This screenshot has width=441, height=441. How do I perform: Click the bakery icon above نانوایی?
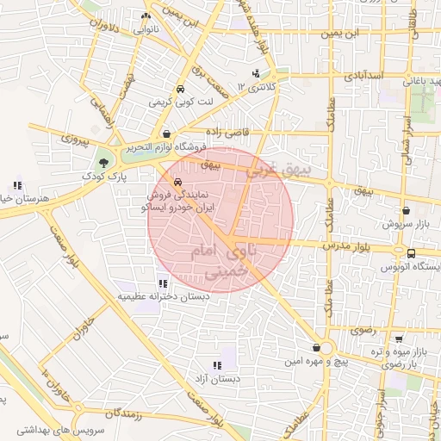[146, 16]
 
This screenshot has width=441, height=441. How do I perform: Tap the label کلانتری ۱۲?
[264, 87]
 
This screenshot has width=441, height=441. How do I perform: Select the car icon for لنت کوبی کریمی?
[179, 90]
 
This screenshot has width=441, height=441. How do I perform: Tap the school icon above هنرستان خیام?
[17, 185]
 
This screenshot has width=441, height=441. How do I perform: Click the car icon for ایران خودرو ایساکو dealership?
[177, 183]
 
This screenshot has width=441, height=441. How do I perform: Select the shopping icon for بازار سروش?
[406, 210]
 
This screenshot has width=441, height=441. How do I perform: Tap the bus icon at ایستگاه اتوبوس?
[412, 253]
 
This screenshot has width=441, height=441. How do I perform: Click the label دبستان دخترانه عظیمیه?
[164, 296]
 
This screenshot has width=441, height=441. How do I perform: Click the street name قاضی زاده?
[227, 132]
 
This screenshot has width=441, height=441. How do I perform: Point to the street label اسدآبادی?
[363, 77]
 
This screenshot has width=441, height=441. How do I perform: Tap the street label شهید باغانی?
[420, 81]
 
